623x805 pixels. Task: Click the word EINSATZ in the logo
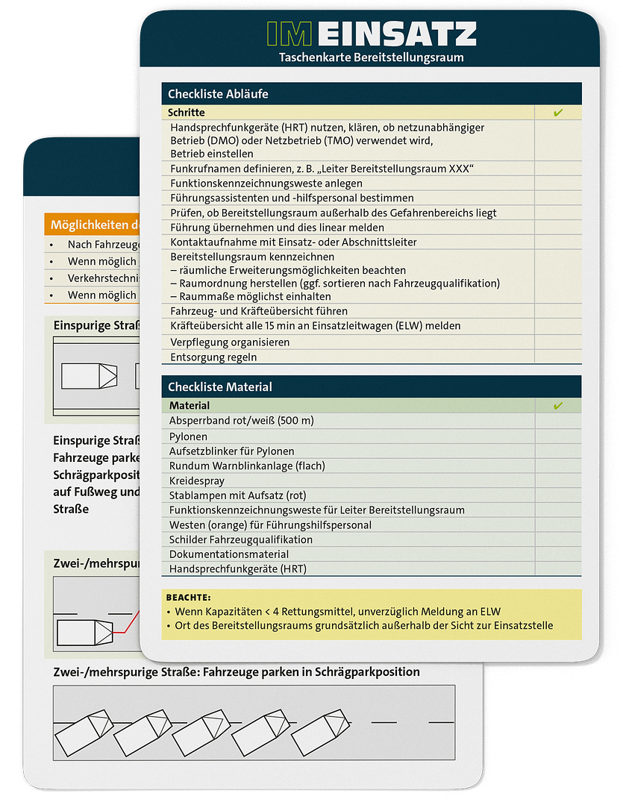[401, 34]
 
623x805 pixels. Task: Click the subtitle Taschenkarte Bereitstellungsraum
[371, 57]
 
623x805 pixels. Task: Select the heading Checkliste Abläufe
[218, 94]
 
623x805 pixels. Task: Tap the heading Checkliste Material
[220, 386]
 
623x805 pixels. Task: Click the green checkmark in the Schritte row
[558, 113]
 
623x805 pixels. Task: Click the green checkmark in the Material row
[558, 406]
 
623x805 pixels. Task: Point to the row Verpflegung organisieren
[230, 342]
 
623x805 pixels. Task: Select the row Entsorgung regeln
[213, 357]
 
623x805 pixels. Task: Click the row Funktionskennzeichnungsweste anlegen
[266, 183]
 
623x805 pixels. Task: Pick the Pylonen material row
[188, 436]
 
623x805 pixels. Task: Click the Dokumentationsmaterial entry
[229, 554]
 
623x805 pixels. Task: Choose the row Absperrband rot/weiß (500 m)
[242, 421]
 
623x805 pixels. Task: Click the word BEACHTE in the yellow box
[188, 598]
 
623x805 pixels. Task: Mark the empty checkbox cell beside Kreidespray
[558, 480]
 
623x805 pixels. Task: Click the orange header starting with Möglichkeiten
[94, 225]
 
